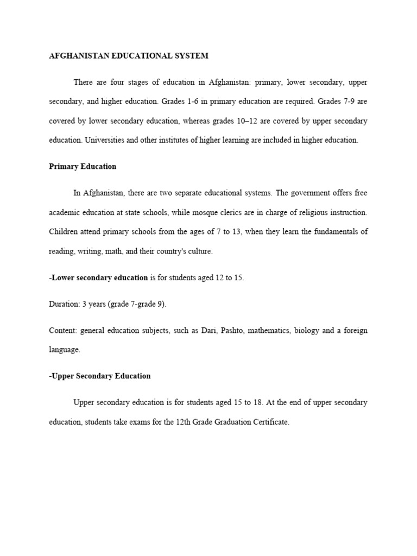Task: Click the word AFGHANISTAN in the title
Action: pos(74,56)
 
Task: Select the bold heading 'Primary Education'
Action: pos(83,167)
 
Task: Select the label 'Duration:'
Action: pos(64,304)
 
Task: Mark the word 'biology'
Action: pos(306,331)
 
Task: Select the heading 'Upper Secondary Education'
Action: pos(101,376)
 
